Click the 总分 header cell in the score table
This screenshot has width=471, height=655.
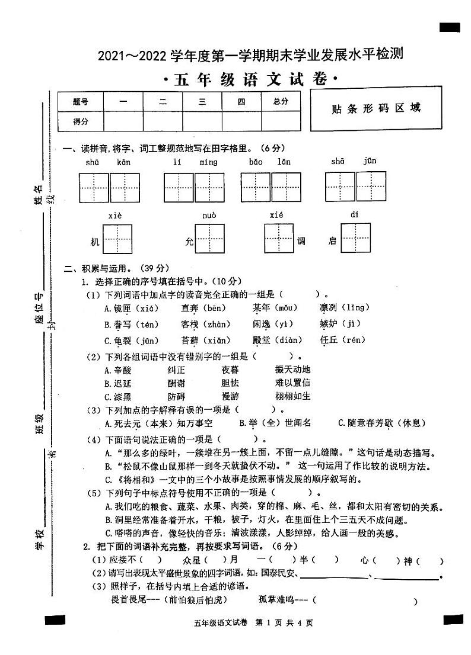pyautogui.click(x=281, y=102)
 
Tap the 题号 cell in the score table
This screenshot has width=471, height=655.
pyautogui.click(x=81, y=102)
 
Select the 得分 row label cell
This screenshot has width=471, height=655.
pyautogui.click(x=81, y=121)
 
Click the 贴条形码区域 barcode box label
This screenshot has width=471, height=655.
pyautogui.click(x=376, y=109)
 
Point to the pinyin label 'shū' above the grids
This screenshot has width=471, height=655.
pyautogui.click(x=93, y=162)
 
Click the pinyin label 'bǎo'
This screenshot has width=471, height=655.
pyautogui.click(x=256, y=162)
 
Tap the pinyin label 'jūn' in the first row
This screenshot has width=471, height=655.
pyautogui.click(x=370, y=161)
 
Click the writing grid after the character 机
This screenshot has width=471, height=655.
pyautogui.click(x=117, y=238)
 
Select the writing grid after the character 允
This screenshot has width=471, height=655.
pyautogui.click(x=210, y=239)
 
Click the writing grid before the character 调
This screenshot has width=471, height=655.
pyautogui.click(x=279, y=238)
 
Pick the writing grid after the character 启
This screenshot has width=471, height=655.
pyautogui.click(x=355, y=238)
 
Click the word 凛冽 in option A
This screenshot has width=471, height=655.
pyautogui.click(x=330, y=307)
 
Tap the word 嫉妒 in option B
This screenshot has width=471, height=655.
pyautogui.click(x=330, y=324)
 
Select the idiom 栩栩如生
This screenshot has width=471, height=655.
pyautogui.click(x=292, y=396)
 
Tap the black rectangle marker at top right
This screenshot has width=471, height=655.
pyautogui.click(x=450, y=27)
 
